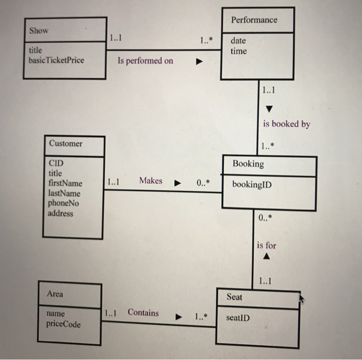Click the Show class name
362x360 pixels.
pos(39,31)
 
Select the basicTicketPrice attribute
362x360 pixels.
pos(56,60)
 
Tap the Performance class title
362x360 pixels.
pos(254,20)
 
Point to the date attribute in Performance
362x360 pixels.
pos(238,40)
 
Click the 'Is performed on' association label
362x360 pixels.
pos(145,61)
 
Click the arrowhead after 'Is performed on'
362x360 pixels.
pos(198,62)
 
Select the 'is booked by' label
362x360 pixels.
pos(286,124)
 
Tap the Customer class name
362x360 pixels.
pos(66,143)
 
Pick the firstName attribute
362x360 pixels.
pos(65,184)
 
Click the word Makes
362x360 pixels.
pos(150,181)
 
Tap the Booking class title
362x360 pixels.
pos(248,164)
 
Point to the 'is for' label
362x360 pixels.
pos(266,245)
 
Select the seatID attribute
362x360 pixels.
pos(238,318)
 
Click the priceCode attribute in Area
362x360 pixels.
pos(63,324)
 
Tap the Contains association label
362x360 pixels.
pos(143,312)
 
